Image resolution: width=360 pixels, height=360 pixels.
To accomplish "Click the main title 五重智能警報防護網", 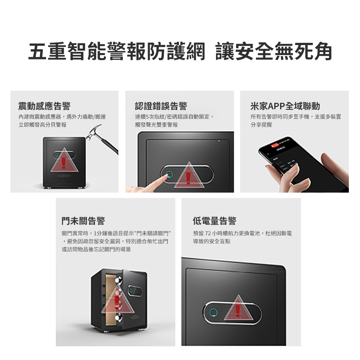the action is point(117,51).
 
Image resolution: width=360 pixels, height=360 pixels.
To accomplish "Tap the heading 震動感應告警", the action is point(45,106).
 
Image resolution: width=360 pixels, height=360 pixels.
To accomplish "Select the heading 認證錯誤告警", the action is point(161,106).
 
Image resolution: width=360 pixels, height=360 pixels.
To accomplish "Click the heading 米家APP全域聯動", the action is point(285,106).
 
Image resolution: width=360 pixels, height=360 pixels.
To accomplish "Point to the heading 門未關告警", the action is point(84,221).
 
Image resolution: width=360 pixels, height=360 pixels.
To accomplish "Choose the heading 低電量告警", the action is point(215,221).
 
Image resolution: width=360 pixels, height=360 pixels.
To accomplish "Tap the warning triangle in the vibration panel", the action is point(64,160).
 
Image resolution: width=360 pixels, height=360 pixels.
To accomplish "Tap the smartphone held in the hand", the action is point(303,164).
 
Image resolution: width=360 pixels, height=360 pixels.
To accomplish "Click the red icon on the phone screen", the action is point(274,145).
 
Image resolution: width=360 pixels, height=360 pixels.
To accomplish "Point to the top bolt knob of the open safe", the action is point(119,280).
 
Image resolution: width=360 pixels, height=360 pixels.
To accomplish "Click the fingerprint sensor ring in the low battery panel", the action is point(213,312).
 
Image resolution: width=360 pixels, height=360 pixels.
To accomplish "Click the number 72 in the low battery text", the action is point(208,234).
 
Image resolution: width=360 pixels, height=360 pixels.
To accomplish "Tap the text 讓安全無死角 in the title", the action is point(274,51).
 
